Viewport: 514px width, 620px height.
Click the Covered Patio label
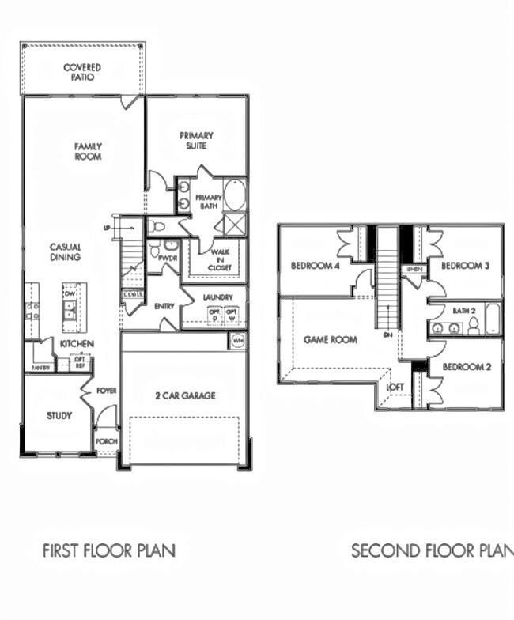(82, 73)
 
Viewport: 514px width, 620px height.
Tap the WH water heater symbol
(237, 341)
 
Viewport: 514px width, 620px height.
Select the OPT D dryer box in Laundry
(213, 316)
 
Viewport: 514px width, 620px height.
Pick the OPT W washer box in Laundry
(232, 316)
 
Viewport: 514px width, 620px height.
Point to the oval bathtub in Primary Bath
(235, 195)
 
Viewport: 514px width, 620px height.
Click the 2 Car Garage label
(186, 395)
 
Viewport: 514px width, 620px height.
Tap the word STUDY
(59, 415)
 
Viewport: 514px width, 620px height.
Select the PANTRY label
(40, 368)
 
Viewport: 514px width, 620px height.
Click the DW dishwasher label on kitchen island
(70, 293)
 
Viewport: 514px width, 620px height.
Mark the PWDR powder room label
(168, 258)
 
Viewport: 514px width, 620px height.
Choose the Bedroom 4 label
(316, 265)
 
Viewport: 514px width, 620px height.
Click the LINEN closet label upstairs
(414, 270)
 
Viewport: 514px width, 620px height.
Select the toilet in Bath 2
(474, 327)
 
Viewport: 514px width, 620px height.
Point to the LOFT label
(395, 387)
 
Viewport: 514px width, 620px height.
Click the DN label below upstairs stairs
(388, 335)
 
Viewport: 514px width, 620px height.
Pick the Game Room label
(331, 339)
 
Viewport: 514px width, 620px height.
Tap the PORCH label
(106, 441)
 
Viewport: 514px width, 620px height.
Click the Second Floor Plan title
(432, 550)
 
